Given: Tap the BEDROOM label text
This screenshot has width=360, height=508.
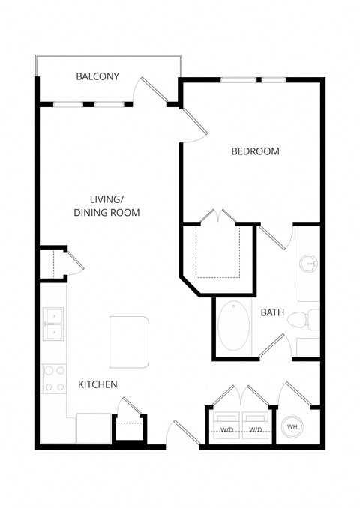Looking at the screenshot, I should click(x=255, y=151).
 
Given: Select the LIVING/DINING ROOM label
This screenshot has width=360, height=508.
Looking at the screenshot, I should click(x=106, y=206).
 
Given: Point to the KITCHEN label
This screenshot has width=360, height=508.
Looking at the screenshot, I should click(x=97, y=384).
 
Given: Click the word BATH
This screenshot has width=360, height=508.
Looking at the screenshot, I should click(x=271, y=312).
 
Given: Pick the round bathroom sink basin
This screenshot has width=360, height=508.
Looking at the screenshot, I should click(x=308, y=264).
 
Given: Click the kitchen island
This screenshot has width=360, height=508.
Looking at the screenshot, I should click(x=129, y=342).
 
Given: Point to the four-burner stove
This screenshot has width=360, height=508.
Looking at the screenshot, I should click(x=53, y=378).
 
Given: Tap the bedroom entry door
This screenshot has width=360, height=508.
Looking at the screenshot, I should click(x=192, y=125).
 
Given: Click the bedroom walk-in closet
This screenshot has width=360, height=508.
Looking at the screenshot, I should click(x=216, y=251).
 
